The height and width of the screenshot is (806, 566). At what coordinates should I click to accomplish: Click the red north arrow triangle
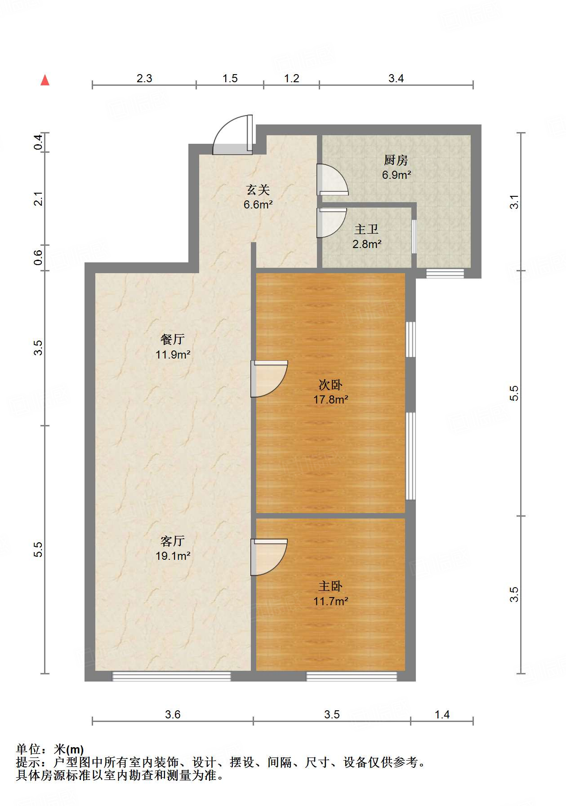(x=45, y=80)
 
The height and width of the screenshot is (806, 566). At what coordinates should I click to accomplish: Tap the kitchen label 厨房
(x=396, y=160)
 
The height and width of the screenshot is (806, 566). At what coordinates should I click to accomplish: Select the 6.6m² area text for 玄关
(x=258, y=205)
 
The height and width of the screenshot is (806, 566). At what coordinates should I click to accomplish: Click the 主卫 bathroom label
(x=366, y=230)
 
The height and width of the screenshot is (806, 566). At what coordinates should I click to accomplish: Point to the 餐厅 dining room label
(x=173, y=340)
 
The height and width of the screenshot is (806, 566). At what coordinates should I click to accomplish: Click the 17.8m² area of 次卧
(x=331, y=399)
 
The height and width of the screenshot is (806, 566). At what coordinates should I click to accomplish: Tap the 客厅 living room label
(x=173, y=541)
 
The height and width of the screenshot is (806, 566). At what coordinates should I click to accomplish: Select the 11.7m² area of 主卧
(x=331, y=601)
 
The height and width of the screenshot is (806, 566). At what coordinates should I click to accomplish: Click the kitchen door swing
(x=332, y=179)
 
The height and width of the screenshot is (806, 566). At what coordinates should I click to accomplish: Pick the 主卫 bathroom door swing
(x=330, y=223)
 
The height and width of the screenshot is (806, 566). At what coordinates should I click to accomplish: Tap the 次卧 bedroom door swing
(x=269, y=378)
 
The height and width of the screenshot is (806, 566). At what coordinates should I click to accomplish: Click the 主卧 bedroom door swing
(x=269, y=557)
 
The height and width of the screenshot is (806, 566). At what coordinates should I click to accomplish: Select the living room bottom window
(x=171, y=676)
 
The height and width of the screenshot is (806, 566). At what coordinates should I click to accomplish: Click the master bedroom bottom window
(x=352, y=676)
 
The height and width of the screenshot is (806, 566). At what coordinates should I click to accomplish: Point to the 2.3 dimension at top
(x=144, y=78)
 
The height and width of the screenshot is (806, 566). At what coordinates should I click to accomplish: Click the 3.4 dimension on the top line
(x=396, y=78)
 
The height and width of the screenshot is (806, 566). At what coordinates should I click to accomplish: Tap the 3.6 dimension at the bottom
(x=173, y=715)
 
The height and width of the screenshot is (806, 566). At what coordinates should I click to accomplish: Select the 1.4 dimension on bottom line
(x=442, y=715)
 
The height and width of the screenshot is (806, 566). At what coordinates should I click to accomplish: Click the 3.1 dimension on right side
(x=514, y=202)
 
